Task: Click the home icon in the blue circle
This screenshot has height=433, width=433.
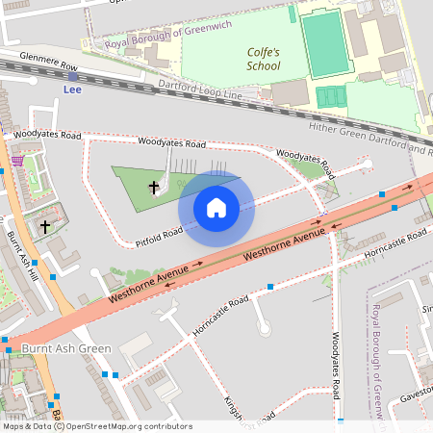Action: pyautogui.click(x=216, y=208)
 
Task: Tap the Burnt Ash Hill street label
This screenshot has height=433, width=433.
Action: pyautogui.click(x=24, y=255)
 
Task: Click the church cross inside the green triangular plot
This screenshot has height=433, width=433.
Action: pyautogui.click(x=153, y=186)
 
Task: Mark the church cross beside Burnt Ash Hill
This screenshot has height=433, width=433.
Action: pyautogui.click(x=44, y=226)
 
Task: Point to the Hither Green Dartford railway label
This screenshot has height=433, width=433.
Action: pyautogui.click(x=370, y=138)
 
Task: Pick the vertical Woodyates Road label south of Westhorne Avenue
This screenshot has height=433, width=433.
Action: pyautogui.click(x=336, y=367)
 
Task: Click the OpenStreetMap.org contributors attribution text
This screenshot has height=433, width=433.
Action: pyautogui.click(x=130, y=426)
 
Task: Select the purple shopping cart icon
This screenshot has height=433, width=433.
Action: pyautogui.click(x=16, y=161)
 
